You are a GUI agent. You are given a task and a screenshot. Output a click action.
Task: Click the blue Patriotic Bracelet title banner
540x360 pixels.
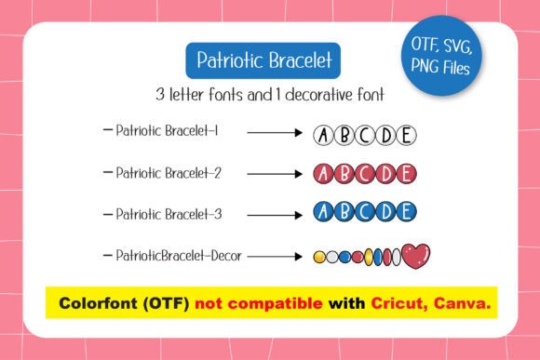263,61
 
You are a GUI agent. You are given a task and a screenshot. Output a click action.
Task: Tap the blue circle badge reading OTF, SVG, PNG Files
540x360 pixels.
443,54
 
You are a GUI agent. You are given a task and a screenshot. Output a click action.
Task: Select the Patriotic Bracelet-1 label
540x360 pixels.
167,132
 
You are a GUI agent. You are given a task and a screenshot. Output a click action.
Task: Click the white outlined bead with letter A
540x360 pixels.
322,136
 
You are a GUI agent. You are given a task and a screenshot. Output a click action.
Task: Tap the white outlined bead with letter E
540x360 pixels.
406,136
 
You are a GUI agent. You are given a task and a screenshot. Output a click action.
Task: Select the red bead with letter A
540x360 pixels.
322,173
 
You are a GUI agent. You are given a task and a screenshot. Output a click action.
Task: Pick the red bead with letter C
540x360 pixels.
364,173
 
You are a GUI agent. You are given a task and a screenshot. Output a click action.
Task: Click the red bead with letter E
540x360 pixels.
406,173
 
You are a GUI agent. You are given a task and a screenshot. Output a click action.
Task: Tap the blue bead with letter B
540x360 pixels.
344,213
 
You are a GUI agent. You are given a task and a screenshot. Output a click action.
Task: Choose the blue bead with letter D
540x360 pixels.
385,213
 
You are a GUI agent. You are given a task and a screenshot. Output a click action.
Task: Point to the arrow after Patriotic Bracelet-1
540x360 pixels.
275,133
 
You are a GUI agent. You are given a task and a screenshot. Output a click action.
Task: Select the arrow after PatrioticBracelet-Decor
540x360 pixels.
277,255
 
